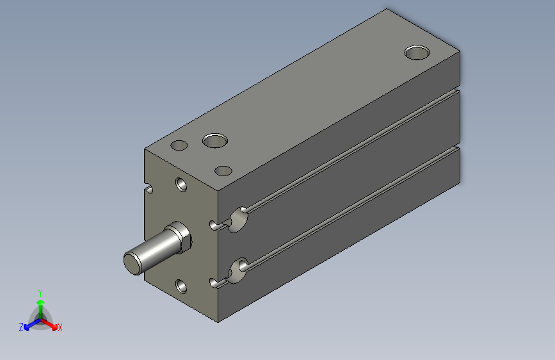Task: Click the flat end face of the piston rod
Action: click(133, 263)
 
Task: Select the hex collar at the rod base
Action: click(181, 238)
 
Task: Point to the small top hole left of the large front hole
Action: click(180, 145)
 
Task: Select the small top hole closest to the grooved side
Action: click(223, 171)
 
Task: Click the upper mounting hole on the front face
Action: click(182, 184)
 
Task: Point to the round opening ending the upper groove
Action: click(239, 218)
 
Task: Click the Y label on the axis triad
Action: click(40, 291)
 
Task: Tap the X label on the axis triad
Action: click(60, 327)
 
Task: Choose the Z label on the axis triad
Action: click(21, 327)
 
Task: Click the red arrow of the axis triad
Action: click(51, 323)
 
